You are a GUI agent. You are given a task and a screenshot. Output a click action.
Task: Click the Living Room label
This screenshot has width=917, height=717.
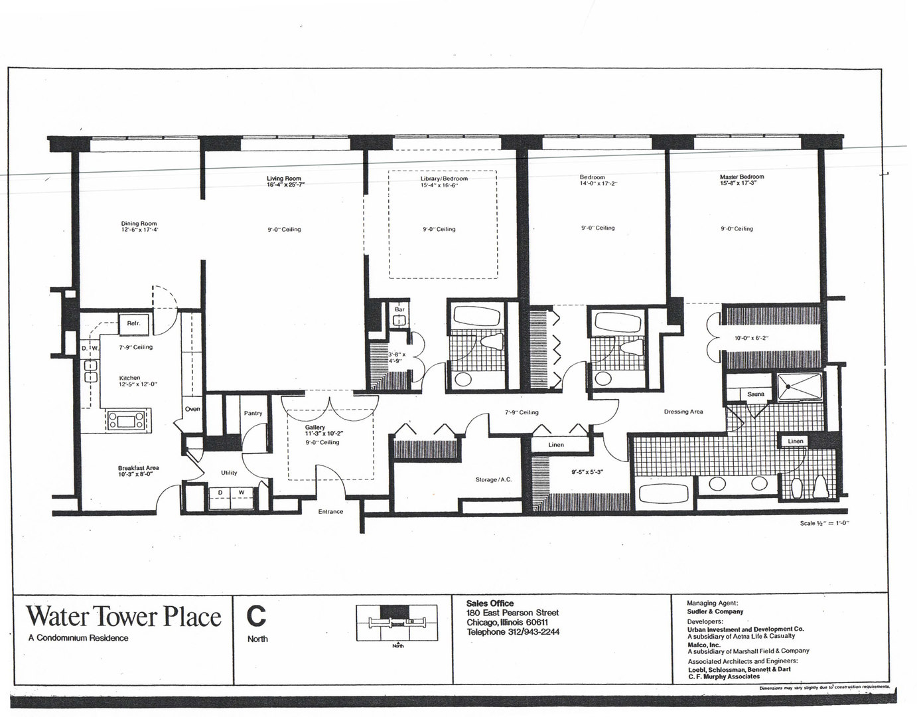(284, 179)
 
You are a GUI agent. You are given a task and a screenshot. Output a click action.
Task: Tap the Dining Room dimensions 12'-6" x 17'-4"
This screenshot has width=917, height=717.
(139, 230)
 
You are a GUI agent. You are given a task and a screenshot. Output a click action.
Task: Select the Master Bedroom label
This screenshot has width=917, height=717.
(742, 177)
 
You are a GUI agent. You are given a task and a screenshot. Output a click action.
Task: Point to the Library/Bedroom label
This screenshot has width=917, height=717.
(444, 179)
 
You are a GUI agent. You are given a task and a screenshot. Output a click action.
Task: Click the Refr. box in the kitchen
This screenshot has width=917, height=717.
(133, 323)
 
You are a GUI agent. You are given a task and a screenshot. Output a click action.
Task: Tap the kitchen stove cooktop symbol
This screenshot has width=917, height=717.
(126, 419)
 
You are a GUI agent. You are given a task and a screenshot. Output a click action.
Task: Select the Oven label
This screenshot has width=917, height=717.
(192, 409)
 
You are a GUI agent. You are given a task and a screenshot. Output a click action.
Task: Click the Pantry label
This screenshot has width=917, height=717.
(253, 413)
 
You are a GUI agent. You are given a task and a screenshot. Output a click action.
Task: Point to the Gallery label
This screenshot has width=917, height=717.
(315, 427)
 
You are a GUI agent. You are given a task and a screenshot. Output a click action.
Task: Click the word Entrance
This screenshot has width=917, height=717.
(330, 511)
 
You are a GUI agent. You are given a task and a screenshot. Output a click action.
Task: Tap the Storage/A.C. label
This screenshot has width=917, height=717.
(493, 479)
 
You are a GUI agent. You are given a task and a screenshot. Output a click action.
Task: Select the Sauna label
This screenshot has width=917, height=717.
(756, 394)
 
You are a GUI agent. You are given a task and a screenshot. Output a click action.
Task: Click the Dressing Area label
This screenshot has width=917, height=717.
(683, 412)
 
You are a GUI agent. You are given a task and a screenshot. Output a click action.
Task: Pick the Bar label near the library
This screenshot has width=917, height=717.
(399, 309)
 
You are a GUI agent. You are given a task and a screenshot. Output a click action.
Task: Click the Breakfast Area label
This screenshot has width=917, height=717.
(138, 467)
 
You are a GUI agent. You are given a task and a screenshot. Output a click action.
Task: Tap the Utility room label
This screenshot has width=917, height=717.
(229, 473)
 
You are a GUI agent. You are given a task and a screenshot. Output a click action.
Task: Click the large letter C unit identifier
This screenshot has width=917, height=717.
(256, 616)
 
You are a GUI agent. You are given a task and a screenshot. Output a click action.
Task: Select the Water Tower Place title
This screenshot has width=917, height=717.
(123, 617)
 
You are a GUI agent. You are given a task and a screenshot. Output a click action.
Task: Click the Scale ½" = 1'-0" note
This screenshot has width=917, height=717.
(825, 523)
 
